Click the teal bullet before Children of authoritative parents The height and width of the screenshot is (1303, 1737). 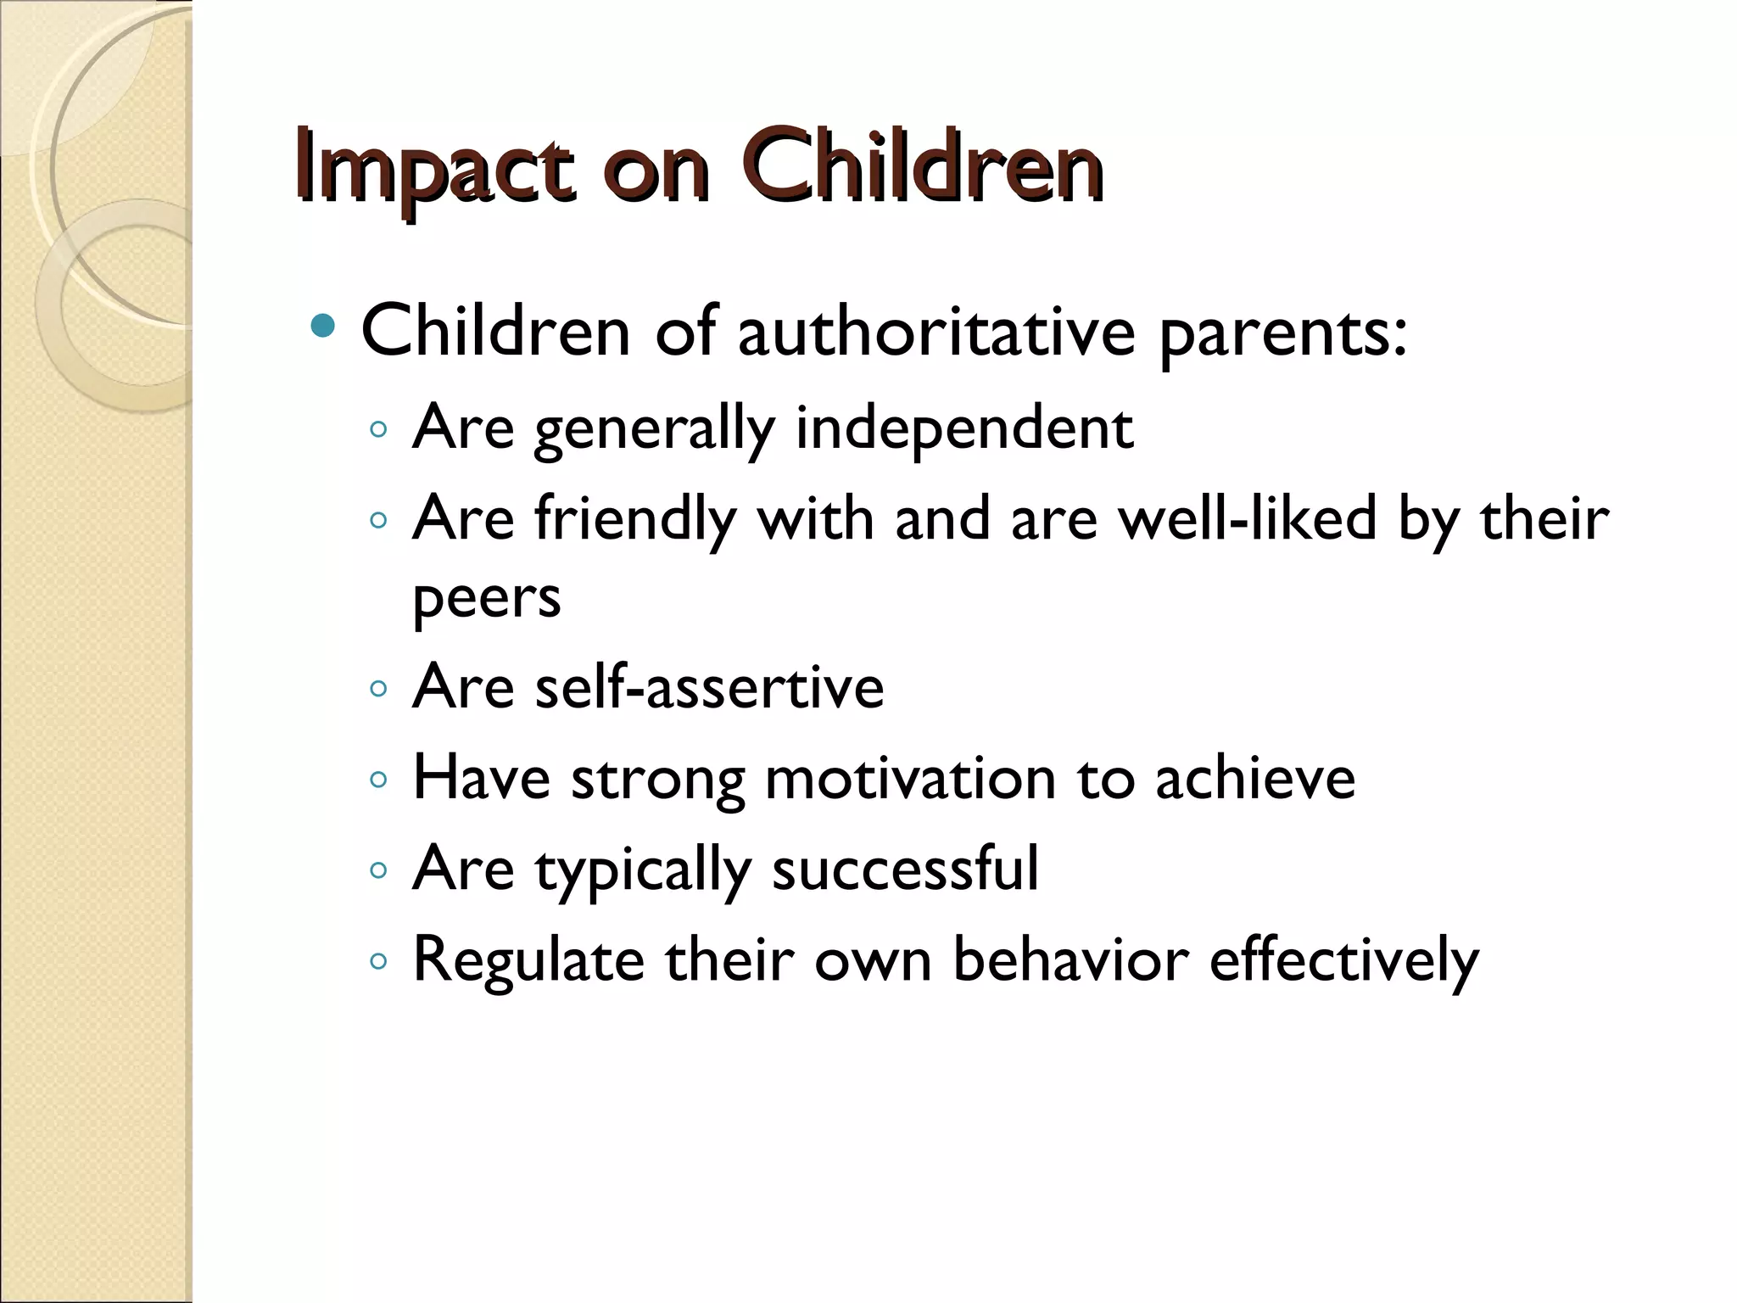323,326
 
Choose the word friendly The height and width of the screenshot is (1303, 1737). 635,519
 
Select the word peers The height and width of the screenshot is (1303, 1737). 486,599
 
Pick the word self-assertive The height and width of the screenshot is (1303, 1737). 709,686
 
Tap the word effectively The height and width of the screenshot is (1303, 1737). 1344,960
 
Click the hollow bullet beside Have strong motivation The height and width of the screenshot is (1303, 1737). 378,779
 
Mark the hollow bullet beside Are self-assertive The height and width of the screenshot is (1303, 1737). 378,688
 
